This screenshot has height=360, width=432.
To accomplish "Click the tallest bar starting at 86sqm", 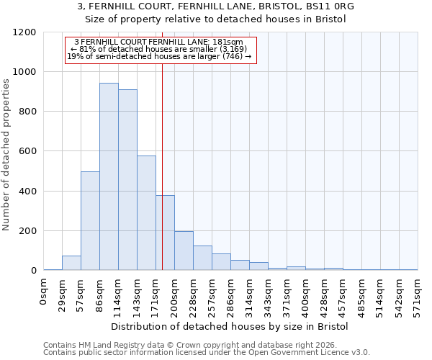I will point(109,176).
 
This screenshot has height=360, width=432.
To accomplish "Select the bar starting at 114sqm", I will point(127,180).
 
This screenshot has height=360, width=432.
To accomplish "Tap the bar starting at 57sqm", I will point(90,221).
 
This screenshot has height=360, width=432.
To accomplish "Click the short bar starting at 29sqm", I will point(71,263).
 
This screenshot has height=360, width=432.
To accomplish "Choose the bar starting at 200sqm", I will point(184,251).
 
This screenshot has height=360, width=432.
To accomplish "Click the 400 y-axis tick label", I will point(27,192).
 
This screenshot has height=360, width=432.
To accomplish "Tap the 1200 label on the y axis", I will point(24,32).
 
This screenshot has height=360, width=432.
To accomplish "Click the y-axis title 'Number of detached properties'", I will point(6,155).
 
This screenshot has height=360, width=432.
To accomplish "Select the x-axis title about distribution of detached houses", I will point(230,326).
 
